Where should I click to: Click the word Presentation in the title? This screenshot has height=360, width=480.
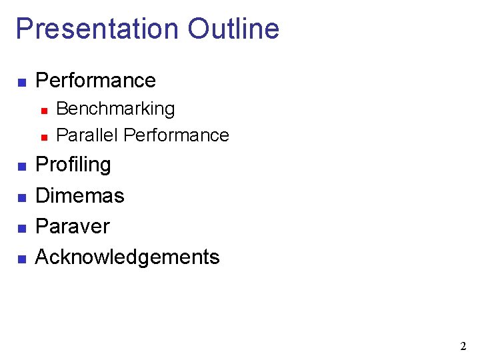click(x=97, y=29)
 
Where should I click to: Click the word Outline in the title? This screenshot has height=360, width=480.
click(x=233, y=29)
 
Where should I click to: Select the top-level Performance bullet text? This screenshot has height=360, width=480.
click(x=95, y=81)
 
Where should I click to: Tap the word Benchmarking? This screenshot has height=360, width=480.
click(x=115, y=109)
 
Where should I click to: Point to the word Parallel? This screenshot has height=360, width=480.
click(x=87, y=135)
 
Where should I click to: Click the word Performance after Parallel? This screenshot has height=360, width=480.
click(x=177, y=135)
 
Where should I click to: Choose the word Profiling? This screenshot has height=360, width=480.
click(x=73, y=165)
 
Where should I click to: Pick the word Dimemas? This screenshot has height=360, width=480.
click(x=80, y=195)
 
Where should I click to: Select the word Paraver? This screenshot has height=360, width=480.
click(x=72, y=226)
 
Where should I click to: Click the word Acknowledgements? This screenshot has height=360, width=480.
click(x=127, y=257)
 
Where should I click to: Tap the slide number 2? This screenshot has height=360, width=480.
click(x=463, y=346)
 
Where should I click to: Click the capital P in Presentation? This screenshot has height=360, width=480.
click(x=23, y=29)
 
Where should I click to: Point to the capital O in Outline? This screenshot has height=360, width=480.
click(x=199, y=29)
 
